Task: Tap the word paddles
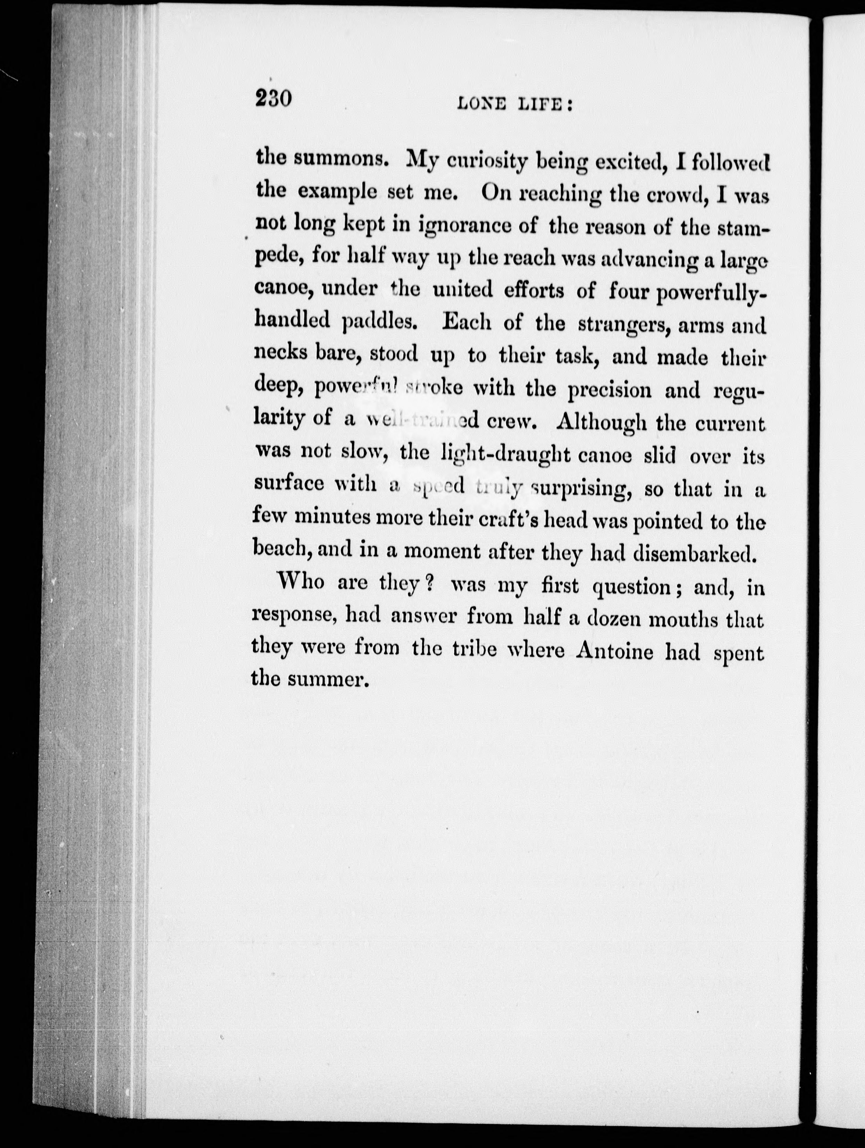tap(380, 323)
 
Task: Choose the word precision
tap(609, 390)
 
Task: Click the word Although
tap(602, 423)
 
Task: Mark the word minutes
tap(332, 518)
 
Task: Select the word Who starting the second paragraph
tap(301, 582)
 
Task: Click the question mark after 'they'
tap(428, 584)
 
